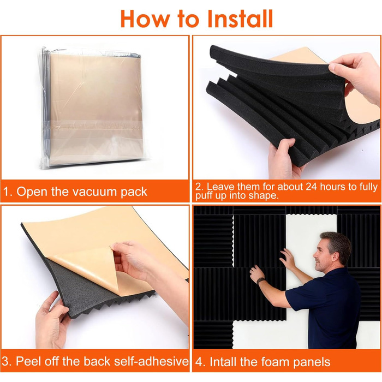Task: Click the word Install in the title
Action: click(x=240, y=19)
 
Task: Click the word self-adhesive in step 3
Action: click(x=151, y=361)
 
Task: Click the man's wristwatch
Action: click(x=260, y=280)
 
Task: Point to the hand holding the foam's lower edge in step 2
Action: click(x=284, y=158)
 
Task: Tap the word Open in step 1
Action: click(x=32, y=192)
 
